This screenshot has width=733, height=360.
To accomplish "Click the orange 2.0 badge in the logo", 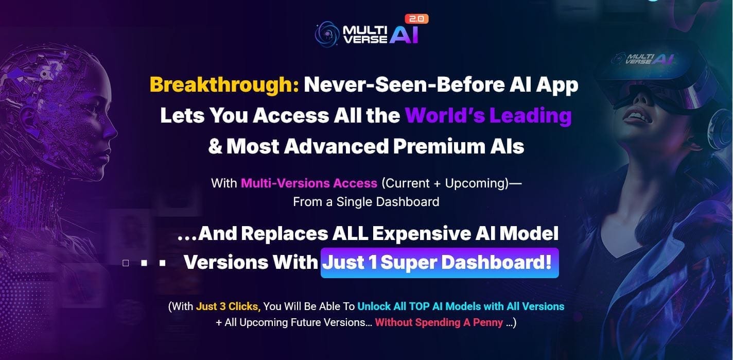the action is [x=416, y=19].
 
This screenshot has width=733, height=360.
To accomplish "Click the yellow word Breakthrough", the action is [x=224, y=85].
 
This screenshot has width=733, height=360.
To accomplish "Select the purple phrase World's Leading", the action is [x=488, y=115].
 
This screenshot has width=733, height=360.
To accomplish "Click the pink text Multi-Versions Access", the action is [x=309, y=183].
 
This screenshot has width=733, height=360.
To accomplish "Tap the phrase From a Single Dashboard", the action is [x=366, y=202].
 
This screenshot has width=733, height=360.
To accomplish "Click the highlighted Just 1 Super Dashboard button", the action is [x=440, y=263].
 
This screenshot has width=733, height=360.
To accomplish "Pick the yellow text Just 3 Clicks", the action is [x=228, y=306].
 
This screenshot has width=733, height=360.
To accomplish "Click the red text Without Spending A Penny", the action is [x=439, y=323].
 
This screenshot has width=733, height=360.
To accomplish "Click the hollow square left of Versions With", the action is [x=126, y=263].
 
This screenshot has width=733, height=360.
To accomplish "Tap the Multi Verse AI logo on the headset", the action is [x=643, y=59].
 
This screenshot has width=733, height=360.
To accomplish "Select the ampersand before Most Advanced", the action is [x=215, y=146].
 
